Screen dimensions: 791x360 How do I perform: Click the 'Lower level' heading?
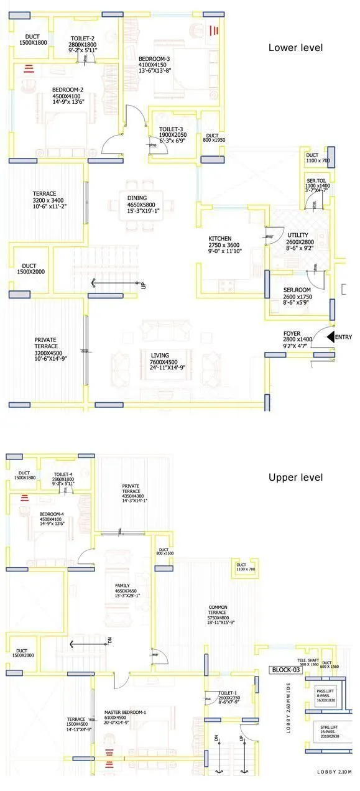[295, 48]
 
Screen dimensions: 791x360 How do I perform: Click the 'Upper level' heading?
[295, 478]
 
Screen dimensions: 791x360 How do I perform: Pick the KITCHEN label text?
[220, 239]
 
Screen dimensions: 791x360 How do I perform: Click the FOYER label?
[292, 333]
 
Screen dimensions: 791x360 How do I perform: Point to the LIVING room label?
[160, 356]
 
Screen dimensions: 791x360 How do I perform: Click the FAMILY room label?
[122, 586]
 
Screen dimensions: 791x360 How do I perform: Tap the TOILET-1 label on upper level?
[228, 693]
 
